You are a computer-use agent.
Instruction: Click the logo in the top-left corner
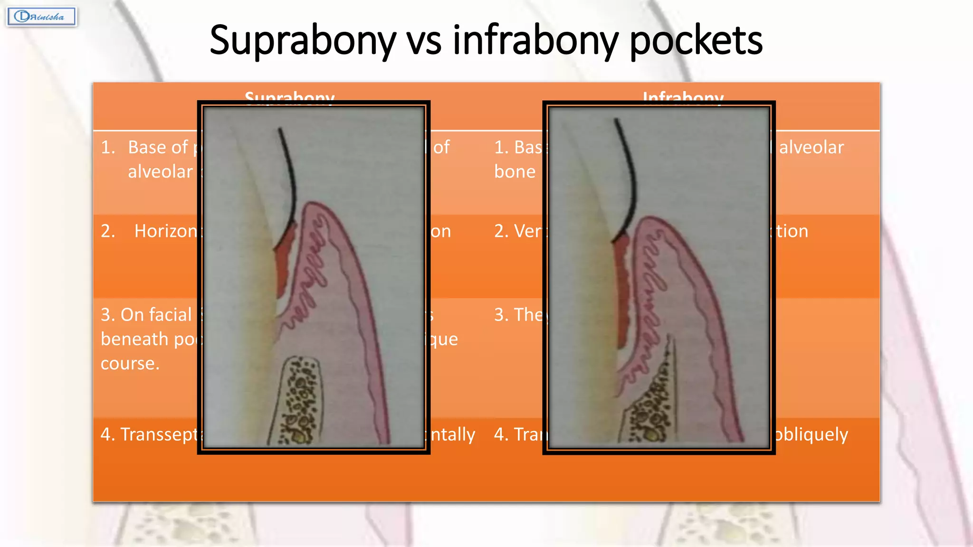(42, 17)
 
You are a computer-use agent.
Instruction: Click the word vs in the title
(424, 41)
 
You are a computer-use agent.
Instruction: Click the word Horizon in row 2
(166, 231)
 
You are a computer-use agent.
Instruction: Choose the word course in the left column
(130, 364)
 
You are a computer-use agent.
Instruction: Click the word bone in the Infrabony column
(515, 172)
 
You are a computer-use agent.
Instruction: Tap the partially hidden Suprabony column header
(289, 96)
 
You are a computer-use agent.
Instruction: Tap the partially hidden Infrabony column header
(683, 96)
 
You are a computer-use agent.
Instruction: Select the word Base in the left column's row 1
(158, 148)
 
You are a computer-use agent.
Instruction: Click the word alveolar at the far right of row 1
(811, 148)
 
